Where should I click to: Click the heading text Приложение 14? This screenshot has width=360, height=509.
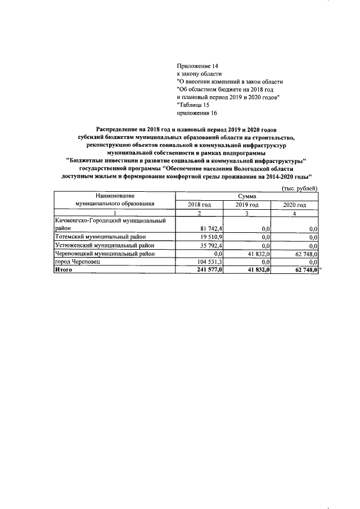click(x=197, y=66)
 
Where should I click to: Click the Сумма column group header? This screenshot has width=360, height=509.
click(x=247, y=196)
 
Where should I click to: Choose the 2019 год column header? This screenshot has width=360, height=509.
click(x=247, y=205)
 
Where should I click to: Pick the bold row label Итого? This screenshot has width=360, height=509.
click(x=64, y=270)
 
